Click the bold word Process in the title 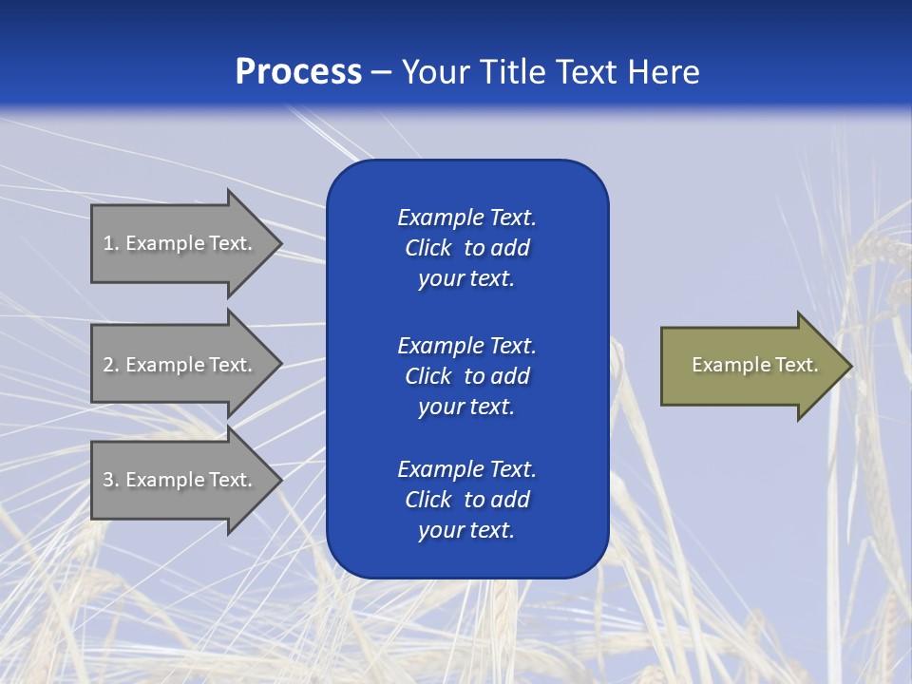tap(298, 72)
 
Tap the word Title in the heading tap(512, 72)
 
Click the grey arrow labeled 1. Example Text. tap(178, 243)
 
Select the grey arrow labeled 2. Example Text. tap(178, 365)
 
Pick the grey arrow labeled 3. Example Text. tap(178, 480)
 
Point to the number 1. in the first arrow tap(111, 243)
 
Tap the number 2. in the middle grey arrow tap(111, 365)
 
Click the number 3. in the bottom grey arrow tap(111, 480)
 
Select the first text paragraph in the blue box tap(466, 248)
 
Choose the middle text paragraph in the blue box tap(466, 376)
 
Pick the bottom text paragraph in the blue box tap(466, 500)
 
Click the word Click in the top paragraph tap(427, 248)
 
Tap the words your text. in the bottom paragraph tap(466, 530)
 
